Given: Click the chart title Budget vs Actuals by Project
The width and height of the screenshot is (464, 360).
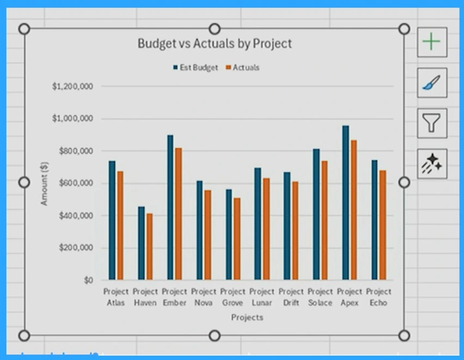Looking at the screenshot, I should [214, 44].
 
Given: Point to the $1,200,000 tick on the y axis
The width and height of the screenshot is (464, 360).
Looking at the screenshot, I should [73, 86].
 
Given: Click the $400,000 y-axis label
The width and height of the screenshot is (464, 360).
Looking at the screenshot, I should [73, 215].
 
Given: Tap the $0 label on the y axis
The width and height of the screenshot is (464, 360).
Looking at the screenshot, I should [88, 280].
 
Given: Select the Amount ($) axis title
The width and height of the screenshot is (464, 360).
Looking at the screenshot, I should [45, 183].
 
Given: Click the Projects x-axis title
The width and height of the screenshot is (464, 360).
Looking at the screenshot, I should [247, 317].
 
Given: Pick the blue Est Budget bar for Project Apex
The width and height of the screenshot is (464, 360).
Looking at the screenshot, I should [345, 202].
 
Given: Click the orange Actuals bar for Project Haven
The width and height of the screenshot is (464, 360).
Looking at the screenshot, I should [149, 247].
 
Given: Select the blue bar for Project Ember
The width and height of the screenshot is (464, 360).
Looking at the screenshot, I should [170, 207].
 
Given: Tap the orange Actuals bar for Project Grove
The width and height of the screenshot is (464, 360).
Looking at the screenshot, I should [237, 239].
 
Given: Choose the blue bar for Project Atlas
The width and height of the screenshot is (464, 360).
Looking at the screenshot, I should [112, 220].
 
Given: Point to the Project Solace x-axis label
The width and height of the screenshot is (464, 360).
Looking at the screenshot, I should [320, 297].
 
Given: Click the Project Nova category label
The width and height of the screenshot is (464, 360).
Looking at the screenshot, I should [203, 297].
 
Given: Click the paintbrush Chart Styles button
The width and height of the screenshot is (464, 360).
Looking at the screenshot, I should [432, 83].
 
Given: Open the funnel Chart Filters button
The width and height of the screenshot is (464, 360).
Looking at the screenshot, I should [432, 123].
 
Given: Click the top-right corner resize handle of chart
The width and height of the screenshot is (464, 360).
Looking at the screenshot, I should [404, 29].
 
